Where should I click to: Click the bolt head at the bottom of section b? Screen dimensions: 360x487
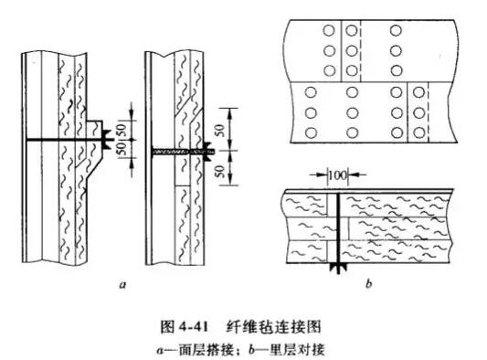pos(339,268)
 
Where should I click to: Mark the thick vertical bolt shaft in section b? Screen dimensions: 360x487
pos(339,228)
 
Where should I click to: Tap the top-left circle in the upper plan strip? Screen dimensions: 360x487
pos(328,30)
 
